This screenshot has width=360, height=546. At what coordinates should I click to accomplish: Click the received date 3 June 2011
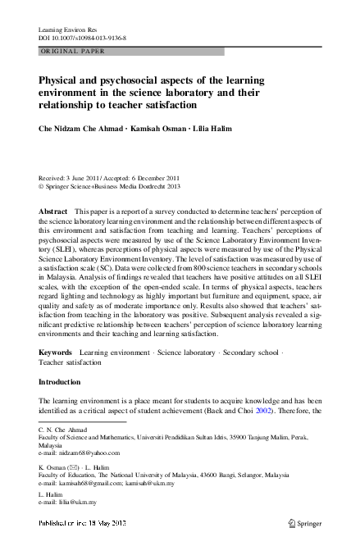tap(88, 177)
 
